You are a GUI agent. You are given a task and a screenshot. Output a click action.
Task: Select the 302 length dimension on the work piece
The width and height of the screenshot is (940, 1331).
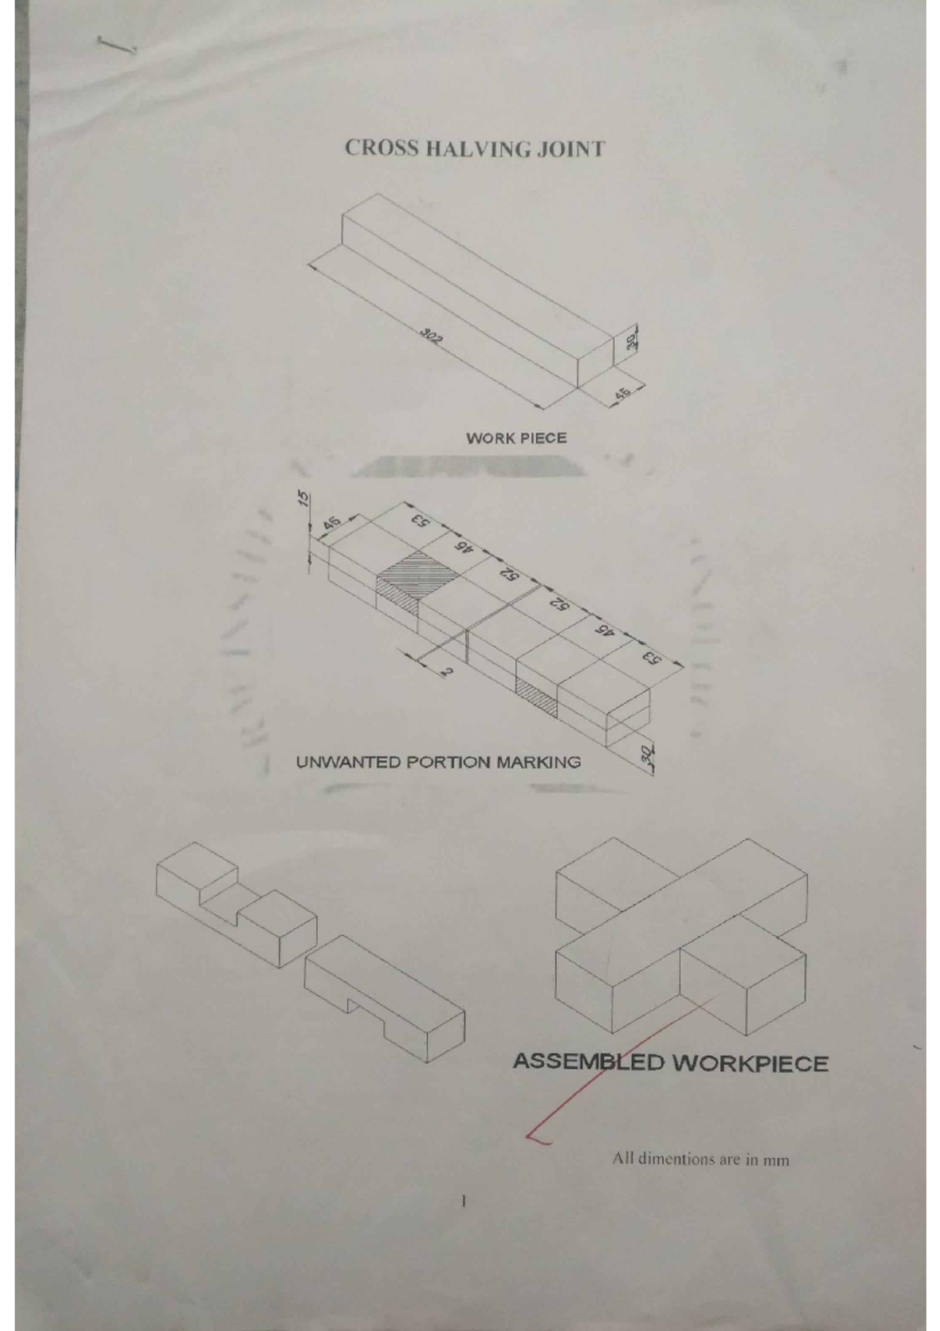coord(430,338)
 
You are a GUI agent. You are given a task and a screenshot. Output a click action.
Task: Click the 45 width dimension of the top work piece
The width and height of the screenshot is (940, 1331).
coord(624,393)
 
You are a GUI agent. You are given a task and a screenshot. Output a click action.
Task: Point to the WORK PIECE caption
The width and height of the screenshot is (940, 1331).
coord(515,438)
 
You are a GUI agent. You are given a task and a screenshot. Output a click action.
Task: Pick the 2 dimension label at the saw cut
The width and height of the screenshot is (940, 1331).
coord(446,671)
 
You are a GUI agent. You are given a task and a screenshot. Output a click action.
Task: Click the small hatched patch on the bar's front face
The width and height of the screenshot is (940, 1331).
coord(537,697)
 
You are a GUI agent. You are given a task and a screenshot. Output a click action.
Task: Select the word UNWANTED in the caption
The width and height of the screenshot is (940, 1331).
coord(348,762)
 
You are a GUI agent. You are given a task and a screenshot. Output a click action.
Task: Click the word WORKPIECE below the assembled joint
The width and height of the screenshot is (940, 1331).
coord(750,1064)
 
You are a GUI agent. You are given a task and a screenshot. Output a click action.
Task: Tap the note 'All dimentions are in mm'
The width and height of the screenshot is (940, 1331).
coord(700,1159)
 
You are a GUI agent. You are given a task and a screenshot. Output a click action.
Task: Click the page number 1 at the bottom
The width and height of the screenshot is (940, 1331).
coord(464,1200)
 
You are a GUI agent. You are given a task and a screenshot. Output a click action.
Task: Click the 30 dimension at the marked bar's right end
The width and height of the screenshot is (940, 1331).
coord(647,756)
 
